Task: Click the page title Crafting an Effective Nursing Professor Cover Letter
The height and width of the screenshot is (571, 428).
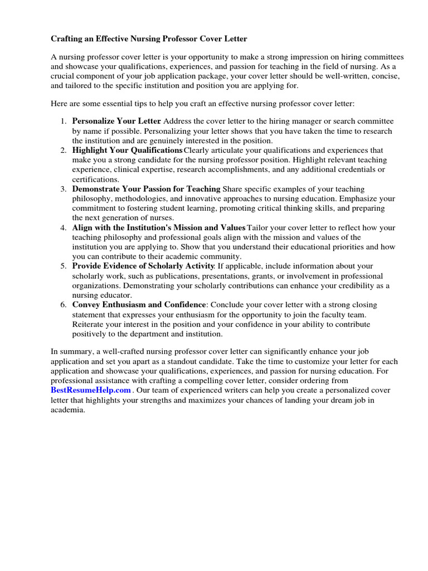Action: click(149, 39)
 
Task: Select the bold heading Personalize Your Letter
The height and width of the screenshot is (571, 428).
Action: click(116, 121)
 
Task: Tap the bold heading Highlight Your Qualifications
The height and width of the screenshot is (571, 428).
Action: click(127, 151)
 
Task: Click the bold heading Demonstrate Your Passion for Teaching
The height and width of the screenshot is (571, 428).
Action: click(147, 189)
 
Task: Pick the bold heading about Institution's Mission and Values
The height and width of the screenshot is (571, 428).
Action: click(159, 228)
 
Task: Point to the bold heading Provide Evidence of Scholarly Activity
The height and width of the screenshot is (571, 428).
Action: click(143, 266)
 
